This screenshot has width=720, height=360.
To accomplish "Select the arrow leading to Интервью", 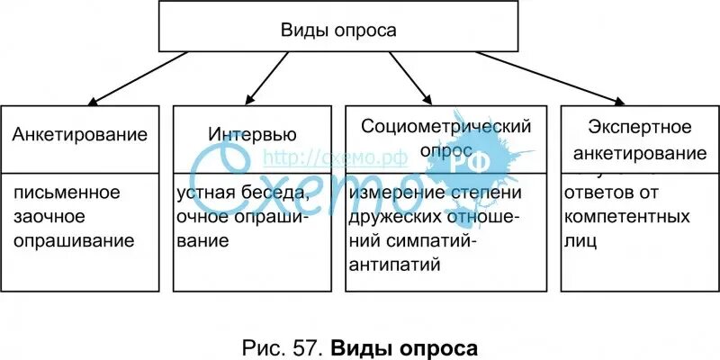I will click(268, 77).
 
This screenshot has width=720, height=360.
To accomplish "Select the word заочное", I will click(51, 217).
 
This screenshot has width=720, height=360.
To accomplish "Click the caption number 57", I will click(304, 346).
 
